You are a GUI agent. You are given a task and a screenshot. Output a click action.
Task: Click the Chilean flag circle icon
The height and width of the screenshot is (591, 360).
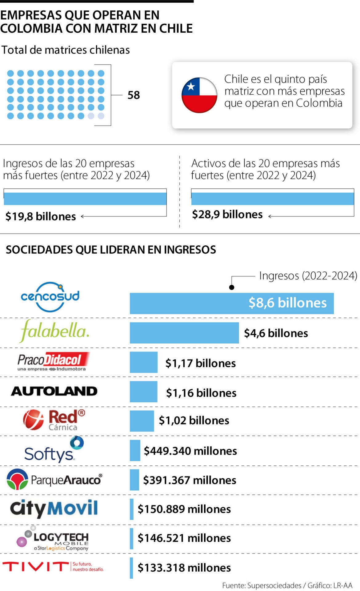tap(199, 95)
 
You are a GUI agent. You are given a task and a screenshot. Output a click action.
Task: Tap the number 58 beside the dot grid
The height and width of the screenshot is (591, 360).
tap(134, 95)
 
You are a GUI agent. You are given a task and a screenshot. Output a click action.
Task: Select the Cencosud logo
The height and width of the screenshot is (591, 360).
tap(50, 297)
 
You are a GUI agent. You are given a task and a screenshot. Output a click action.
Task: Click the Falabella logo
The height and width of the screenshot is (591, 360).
tap(55, 331)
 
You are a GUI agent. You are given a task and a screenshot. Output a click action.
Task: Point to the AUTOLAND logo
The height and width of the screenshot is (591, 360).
tap(54, 391)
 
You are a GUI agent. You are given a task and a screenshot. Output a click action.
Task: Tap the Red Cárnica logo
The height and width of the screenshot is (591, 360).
tap(54, 420)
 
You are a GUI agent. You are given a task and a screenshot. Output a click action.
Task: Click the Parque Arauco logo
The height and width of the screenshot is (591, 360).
tap(54, 480)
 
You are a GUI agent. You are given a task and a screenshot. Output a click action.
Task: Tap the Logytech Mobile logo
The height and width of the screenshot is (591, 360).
tap(53, 539)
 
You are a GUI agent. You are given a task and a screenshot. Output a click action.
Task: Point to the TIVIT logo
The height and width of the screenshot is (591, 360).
tap(53, 567)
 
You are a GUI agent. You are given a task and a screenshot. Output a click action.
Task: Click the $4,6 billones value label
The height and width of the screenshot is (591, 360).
tap(276, 333)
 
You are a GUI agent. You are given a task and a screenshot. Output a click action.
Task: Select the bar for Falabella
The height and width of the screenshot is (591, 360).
tap(184, 333)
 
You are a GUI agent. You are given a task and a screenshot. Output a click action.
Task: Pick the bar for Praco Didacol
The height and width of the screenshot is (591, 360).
tap(143, 362)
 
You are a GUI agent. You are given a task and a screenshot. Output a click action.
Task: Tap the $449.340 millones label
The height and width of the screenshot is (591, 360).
tap(190, 451)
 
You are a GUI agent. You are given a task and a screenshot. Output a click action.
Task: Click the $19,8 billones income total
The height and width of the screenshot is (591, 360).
tap(41, 216)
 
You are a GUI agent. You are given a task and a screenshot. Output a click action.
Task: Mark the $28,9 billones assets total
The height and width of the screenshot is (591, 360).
tap(227, 215)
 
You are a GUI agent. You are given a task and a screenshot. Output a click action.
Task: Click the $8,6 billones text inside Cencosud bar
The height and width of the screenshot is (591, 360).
tap(287, 303)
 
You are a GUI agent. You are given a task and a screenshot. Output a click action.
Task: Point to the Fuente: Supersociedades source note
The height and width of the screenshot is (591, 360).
tap(262, 585)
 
